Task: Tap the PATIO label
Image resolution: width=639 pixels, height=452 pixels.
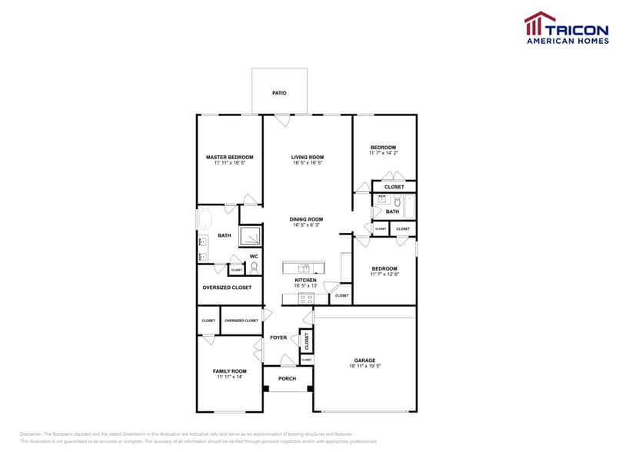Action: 279,93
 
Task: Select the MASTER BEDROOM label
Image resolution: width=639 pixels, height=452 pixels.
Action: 229,157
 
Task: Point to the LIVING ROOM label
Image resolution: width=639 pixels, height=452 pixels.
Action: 307,157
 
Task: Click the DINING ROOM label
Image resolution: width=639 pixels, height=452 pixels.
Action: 306,219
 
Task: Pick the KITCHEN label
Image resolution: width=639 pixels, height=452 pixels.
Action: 305,280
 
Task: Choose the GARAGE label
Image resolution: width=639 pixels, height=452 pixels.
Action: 364,360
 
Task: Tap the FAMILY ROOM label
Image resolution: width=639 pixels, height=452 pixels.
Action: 229,371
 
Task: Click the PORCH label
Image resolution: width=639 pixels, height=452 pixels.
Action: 287,378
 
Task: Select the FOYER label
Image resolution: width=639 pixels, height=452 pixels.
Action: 278,337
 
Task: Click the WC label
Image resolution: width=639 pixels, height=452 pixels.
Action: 254,257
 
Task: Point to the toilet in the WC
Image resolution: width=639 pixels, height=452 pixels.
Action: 254,268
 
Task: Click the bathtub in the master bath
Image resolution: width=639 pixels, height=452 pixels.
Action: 205,221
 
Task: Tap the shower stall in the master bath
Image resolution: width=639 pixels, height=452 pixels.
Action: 251,236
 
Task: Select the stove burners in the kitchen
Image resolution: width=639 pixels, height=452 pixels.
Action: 305,297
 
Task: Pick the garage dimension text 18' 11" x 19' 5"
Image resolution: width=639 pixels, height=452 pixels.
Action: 364,366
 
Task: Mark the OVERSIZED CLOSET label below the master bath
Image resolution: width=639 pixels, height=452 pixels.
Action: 227,287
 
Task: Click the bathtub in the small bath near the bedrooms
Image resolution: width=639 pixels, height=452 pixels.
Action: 408,207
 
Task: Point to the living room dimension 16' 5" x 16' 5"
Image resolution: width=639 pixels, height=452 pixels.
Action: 307,163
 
